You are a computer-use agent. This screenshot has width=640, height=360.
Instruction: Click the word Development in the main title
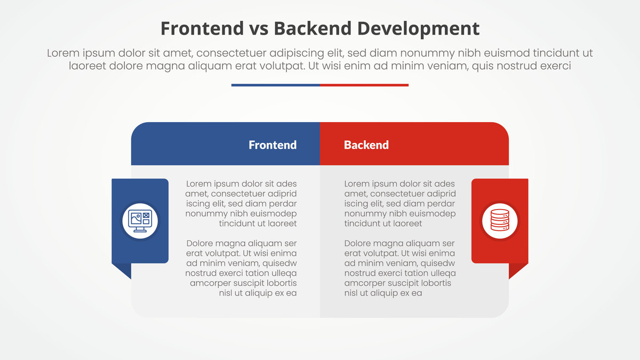418,29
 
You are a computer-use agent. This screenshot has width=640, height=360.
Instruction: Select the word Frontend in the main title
202,29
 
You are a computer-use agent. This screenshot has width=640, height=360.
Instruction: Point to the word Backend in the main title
313,29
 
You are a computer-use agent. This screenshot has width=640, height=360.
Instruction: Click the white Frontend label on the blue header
273,145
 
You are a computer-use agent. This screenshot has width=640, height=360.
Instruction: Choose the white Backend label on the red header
366,145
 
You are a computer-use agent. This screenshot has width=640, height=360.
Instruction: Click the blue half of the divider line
275,85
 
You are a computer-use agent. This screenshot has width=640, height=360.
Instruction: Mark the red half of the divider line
364,85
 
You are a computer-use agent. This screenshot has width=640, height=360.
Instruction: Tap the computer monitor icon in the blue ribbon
140,221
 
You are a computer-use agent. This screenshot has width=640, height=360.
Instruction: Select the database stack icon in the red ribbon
500,220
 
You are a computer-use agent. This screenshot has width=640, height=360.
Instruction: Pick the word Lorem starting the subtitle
63,53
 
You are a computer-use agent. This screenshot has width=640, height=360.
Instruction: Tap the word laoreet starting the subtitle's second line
87,66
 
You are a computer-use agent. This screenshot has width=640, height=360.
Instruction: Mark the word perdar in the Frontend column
283,204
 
